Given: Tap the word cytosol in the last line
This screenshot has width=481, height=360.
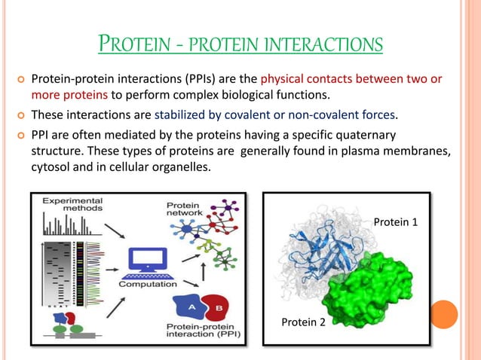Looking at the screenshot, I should point(50,167).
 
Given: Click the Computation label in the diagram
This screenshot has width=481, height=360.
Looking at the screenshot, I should point(148,285).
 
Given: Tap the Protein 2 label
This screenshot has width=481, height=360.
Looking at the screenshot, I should point(303,322).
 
